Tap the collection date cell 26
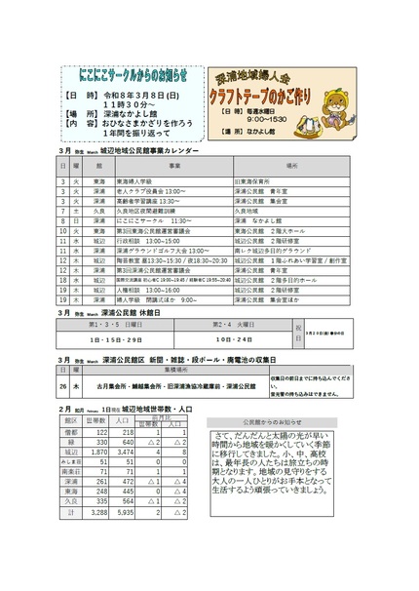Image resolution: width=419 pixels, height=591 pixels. pos(64,388)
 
